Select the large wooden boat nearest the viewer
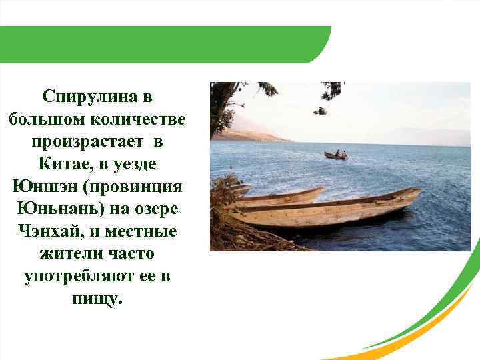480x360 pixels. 327,210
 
